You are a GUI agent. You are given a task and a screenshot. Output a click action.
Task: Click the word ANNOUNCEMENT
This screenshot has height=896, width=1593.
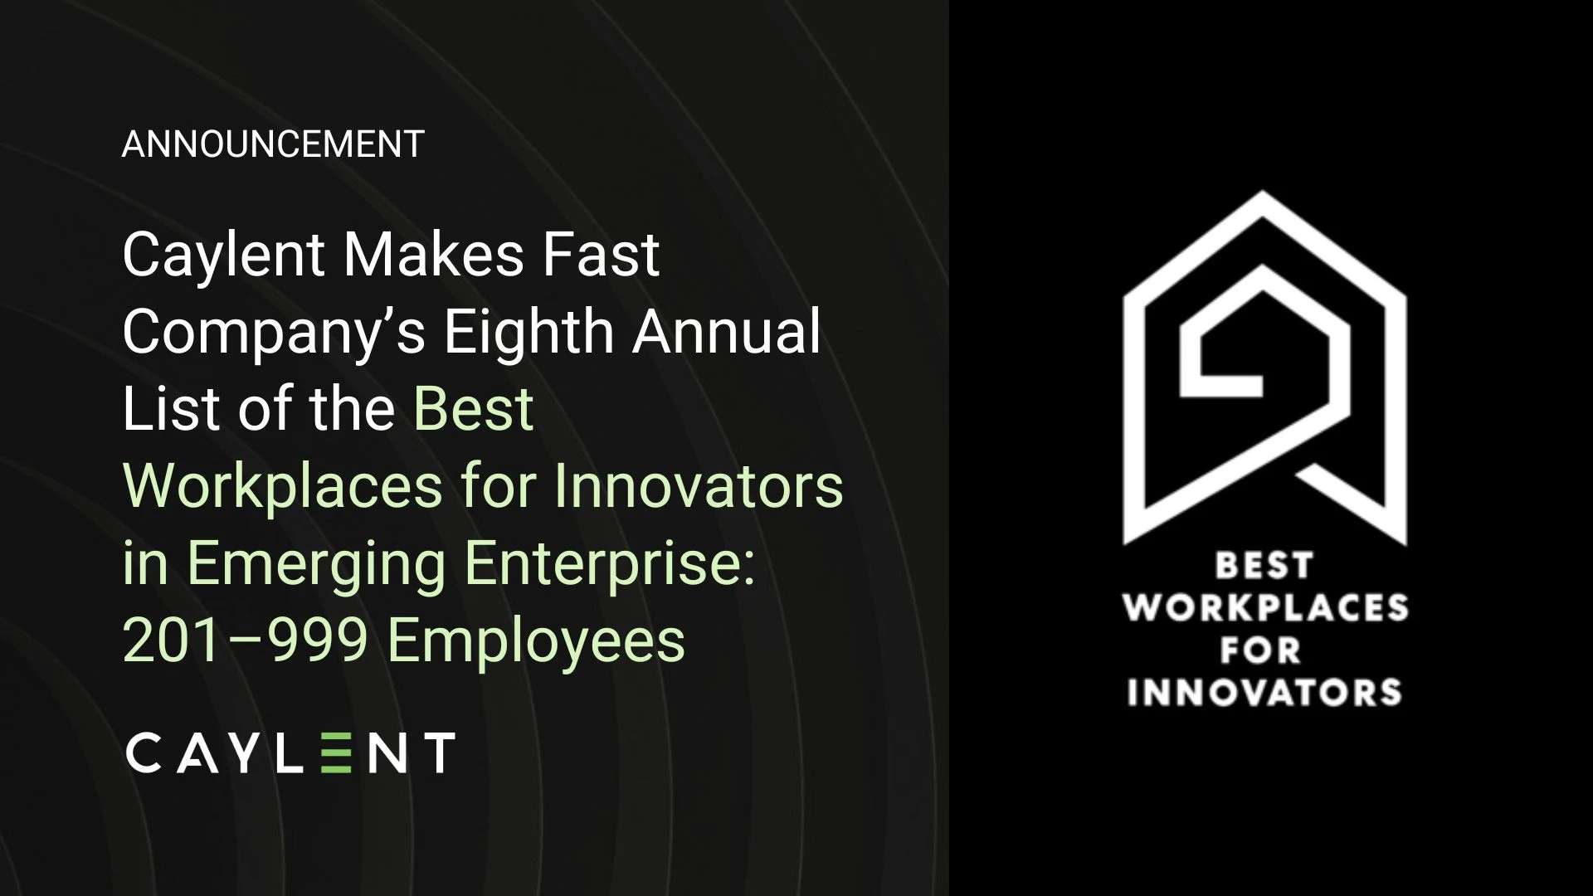click(x=273, y=144)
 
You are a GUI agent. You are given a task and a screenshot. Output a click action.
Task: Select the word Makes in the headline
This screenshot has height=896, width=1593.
click(x=433, y=254)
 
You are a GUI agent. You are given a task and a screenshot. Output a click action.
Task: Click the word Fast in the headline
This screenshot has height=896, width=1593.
click(x=602, y=254)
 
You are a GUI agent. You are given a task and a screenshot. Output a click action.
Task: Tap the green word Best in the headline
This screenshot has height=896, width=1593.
click(x=474, y=408)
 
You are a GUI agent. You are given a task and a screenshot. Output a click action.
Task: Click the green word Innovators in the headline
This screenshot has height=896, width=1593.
click(x=699, y=486)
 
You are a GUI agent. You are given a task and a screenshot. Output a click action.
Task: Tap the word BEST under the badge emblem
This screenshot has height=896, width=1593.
click(x=1264, y=566)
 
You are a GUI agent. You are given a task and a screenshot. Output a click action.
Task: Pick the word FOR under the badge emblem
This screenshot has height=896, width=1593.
click(x=1259, y=650)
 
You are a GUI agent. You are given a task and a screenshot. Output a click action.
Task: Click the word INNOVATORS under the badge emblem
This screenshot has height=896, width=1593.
click(x=1264, y=692)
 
